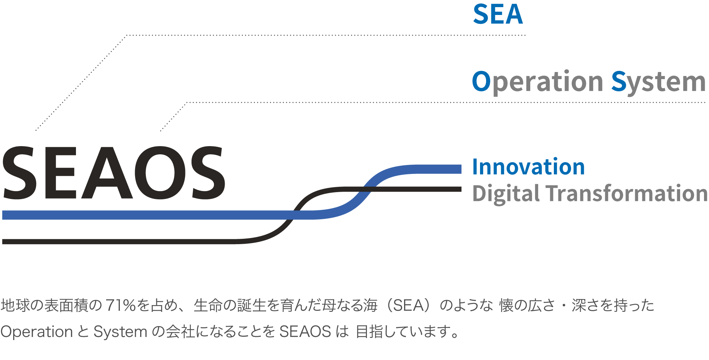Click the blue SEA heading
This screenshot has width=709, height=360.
(498, 15)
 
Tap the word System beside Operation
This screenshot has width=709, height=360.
(658, 82)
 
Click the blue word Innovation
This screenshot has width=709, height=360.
(528, 167)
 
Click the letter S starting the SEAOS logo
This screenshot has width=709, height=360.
(20, 173)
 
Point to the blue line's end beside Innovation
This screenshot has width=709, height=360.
(458, 169)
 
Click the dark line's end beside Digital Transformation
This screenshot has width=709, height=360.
(459, 189)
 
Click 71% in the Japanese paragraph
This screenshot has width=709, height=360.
(121, 305)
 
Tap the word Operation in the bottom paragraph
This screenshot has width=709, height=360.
(36, 332)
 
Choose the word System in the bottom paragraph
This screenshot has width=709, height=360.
(120, 332)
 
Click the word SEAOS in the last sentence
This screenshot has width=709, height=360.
(305, 332)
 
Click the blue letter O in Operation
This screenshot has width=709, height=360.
(481, 81)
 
